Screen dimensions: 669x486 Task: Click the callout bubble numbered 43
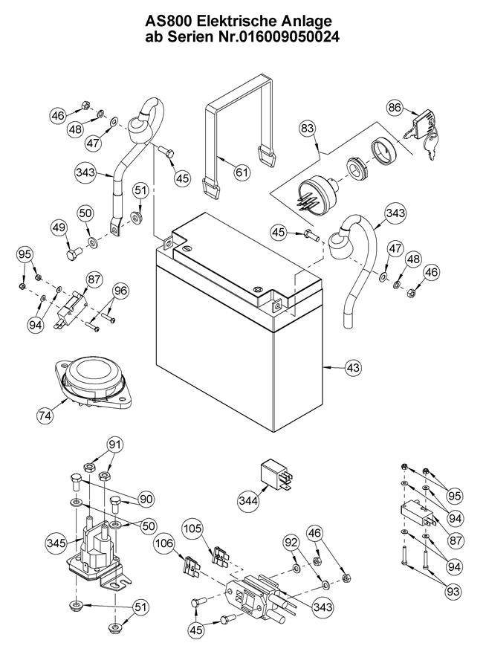pyautogui.click(x=354, y=367)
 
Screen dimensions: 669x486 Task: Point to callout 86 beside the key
pyautogui.click(x=395, y=108)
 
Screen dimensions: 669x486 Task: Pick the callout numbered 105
pyautogui.click(x=192, y=530)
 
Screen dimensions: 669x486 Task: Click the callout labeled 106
pyautogui.click(x=164, y=546)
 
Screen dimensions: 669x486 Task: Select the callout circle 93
pyautogui.click(x=453, y=592)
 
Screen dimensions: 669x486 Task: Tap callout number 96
pyautogui.click(x=120, y=291)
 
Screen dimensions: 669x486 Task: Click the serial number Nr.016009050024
pyautogui.click(x=273, y=39)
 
